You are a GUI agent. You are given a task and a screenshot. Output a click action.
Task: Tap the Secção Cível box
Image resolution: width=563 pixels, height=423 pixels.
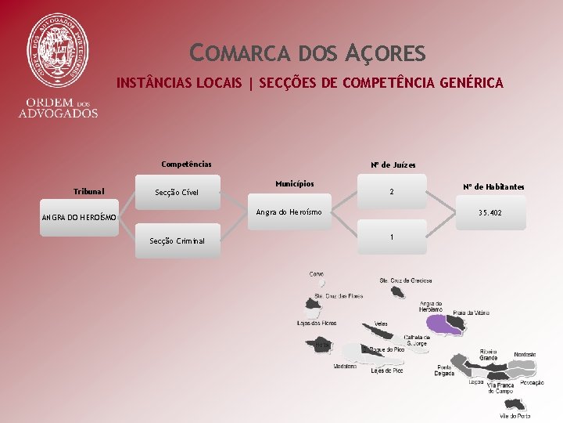pos(177,193)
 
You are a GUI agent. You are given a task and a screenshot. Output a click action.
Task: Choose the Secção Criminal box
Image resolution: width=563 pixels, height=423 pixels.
pos(177,240)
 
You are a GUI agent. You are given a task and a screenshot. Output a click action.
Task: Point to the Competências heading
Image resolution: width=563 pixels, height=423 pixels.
pos(186,164)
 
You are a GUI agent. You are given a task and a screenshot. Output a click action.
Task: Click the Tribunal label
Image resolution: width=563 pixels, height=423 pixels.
pos(88,191)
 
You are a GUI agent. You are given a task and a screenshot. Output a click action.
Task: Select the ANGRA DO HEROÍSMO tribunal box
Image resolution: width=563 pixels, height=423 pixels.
pos(79,217)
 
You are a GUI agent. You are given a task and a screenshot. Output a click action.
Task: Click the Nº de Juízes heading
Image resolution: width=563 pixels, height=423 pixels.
pos(393,165)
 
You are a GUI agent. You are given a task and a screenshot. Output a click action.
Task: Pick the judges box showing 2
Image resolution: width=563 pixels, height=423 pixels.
pos(392,193)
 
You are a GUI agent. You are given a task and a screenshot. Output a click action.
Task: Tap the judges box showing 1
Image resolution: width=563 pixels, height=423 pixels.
pos(392,237)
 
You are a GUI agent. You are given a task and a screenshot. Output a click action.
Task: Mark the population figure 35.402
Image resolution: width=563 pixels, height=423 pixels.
pos(490,213)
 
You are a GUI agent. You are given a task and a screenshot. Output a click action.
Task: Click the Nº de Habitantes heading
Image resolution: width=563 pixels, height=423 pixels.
pos(493,187)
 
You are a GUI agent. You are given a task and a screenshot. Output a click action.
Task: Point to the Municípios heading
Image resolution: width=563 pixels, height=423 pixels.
pos(295,184)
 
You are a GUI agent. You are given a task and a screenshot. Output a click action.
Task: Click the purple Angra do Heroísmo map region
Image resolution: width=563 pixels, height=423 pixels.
pos(442,324)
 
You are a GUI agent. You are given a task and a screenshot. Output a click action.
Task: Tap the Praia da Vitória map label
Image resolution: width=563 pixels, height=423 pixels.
pos(471,313)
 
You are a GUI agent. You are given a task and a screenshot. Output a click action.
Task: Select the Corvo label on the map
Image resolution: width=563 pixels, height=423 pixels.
pos(317,273)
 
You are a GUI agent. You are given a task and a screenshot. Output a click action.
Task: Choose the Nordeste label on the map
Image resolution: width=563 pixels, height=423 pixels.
pos(525,355)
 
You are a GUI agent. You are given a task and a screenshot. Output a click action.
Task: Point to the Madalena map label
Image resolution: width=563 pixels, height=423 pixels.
pos(345,366)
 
